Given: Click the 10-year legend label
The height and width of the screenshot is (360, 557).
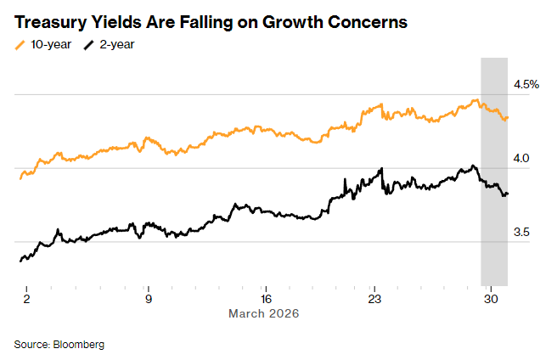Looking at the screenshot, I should (x=50, y=44).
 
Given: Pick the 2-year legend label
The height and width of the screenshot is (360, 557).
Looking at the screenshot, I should (x=119, y=44).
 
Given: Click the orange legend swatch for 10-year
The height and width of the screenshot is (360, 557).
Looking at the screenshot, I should (x=20, y=44).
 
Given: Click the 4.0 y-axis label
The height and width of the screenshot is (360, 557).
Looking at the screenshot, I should (x=522, y=158).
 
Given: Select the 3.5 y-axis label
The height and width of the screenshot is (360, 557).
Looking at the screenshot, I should (x=522, y=232).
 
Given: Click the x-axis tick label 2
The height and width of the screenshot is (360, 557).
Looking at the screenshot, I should (x=27, y=299).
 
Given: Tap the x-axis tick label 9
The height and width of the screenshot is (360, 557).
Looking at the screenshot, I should (x=149, y=299).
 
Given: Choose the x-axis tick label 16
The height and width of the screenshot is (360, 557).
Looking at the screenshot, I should (x=266, y=299).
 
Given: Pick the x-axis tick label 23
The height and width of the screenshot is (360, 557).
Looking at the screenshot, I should (x=374, y=299).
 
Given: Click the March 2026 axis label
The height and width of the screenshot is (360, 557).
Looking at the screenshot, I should (x=264, y=313).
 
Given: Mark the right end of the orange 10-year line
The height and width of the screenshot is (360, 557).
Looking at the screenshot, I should (x=508, y=118).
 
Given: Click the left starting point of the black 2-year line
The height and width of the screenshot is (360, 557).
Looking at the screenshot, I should (x=20, y=261).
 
